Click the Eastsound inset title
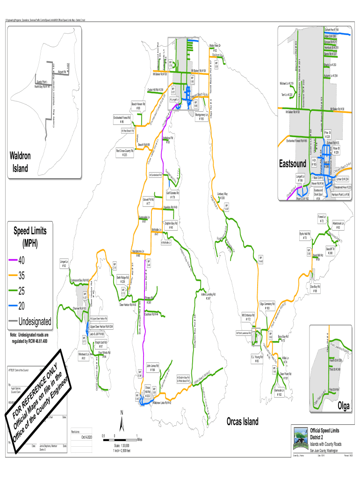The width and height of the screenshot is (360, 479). [293, 164]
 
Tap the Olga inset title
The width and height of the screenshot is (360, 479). [344, 405]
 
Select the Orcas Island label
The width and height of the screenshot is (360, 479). [242, 421]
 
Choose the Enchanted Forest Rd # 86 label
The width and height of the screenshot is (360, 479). [122, 120]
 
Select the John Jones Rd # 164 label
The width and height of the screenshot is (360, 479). [153, 367]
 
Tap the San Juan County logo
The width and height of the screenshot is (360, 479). [299, 437]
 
